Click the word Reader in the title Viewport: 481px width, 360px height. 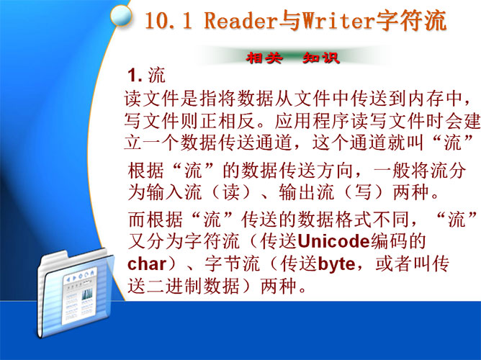tap(240, 20)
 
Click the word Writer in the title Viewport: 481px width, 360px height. tap(338, 20)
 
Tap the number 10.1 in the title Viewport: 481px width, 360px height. tap(168, 21)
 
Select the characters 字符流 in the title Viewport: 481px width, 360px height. tap(410, 20)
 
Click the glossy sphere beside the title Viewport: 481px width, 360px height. tap(120, 15)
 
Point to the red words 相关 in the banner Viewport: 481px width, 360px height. tap(264, 58)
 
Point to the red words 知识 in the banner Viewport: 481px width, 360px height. tap(321, 58)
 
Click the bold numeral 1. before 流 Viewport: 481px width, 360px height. tap(135, 76)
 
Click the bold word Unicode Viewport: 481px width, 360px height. tap(334, 241)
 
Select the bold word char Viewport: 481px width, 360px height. tap(147, 264)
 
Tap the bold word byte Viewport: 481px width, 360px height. tap(336, 265)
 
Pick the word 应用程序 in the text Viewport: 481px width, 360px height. tap(312, 121)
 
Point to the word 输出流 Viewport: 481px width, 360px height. tap(306, 192)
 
